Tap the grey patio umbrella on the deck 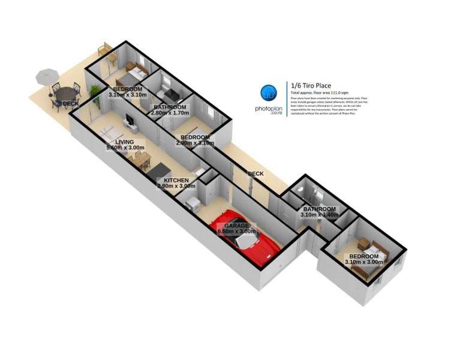[46, 76]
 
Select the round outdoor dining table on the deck [62, 95]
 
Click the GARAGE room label [237, 226]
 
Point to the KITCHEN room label [176, 180]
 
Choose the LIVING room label [125, 142]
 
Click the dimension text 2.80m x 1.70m [170, 113]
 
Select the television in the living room [130, 123]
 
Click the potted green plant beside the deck [94, 91]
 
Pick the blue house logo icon [269, 93]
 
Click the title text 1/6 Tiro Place [311, 86]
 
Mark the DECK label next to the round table [70, 104]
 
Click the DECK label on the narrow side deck [256, 174]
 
